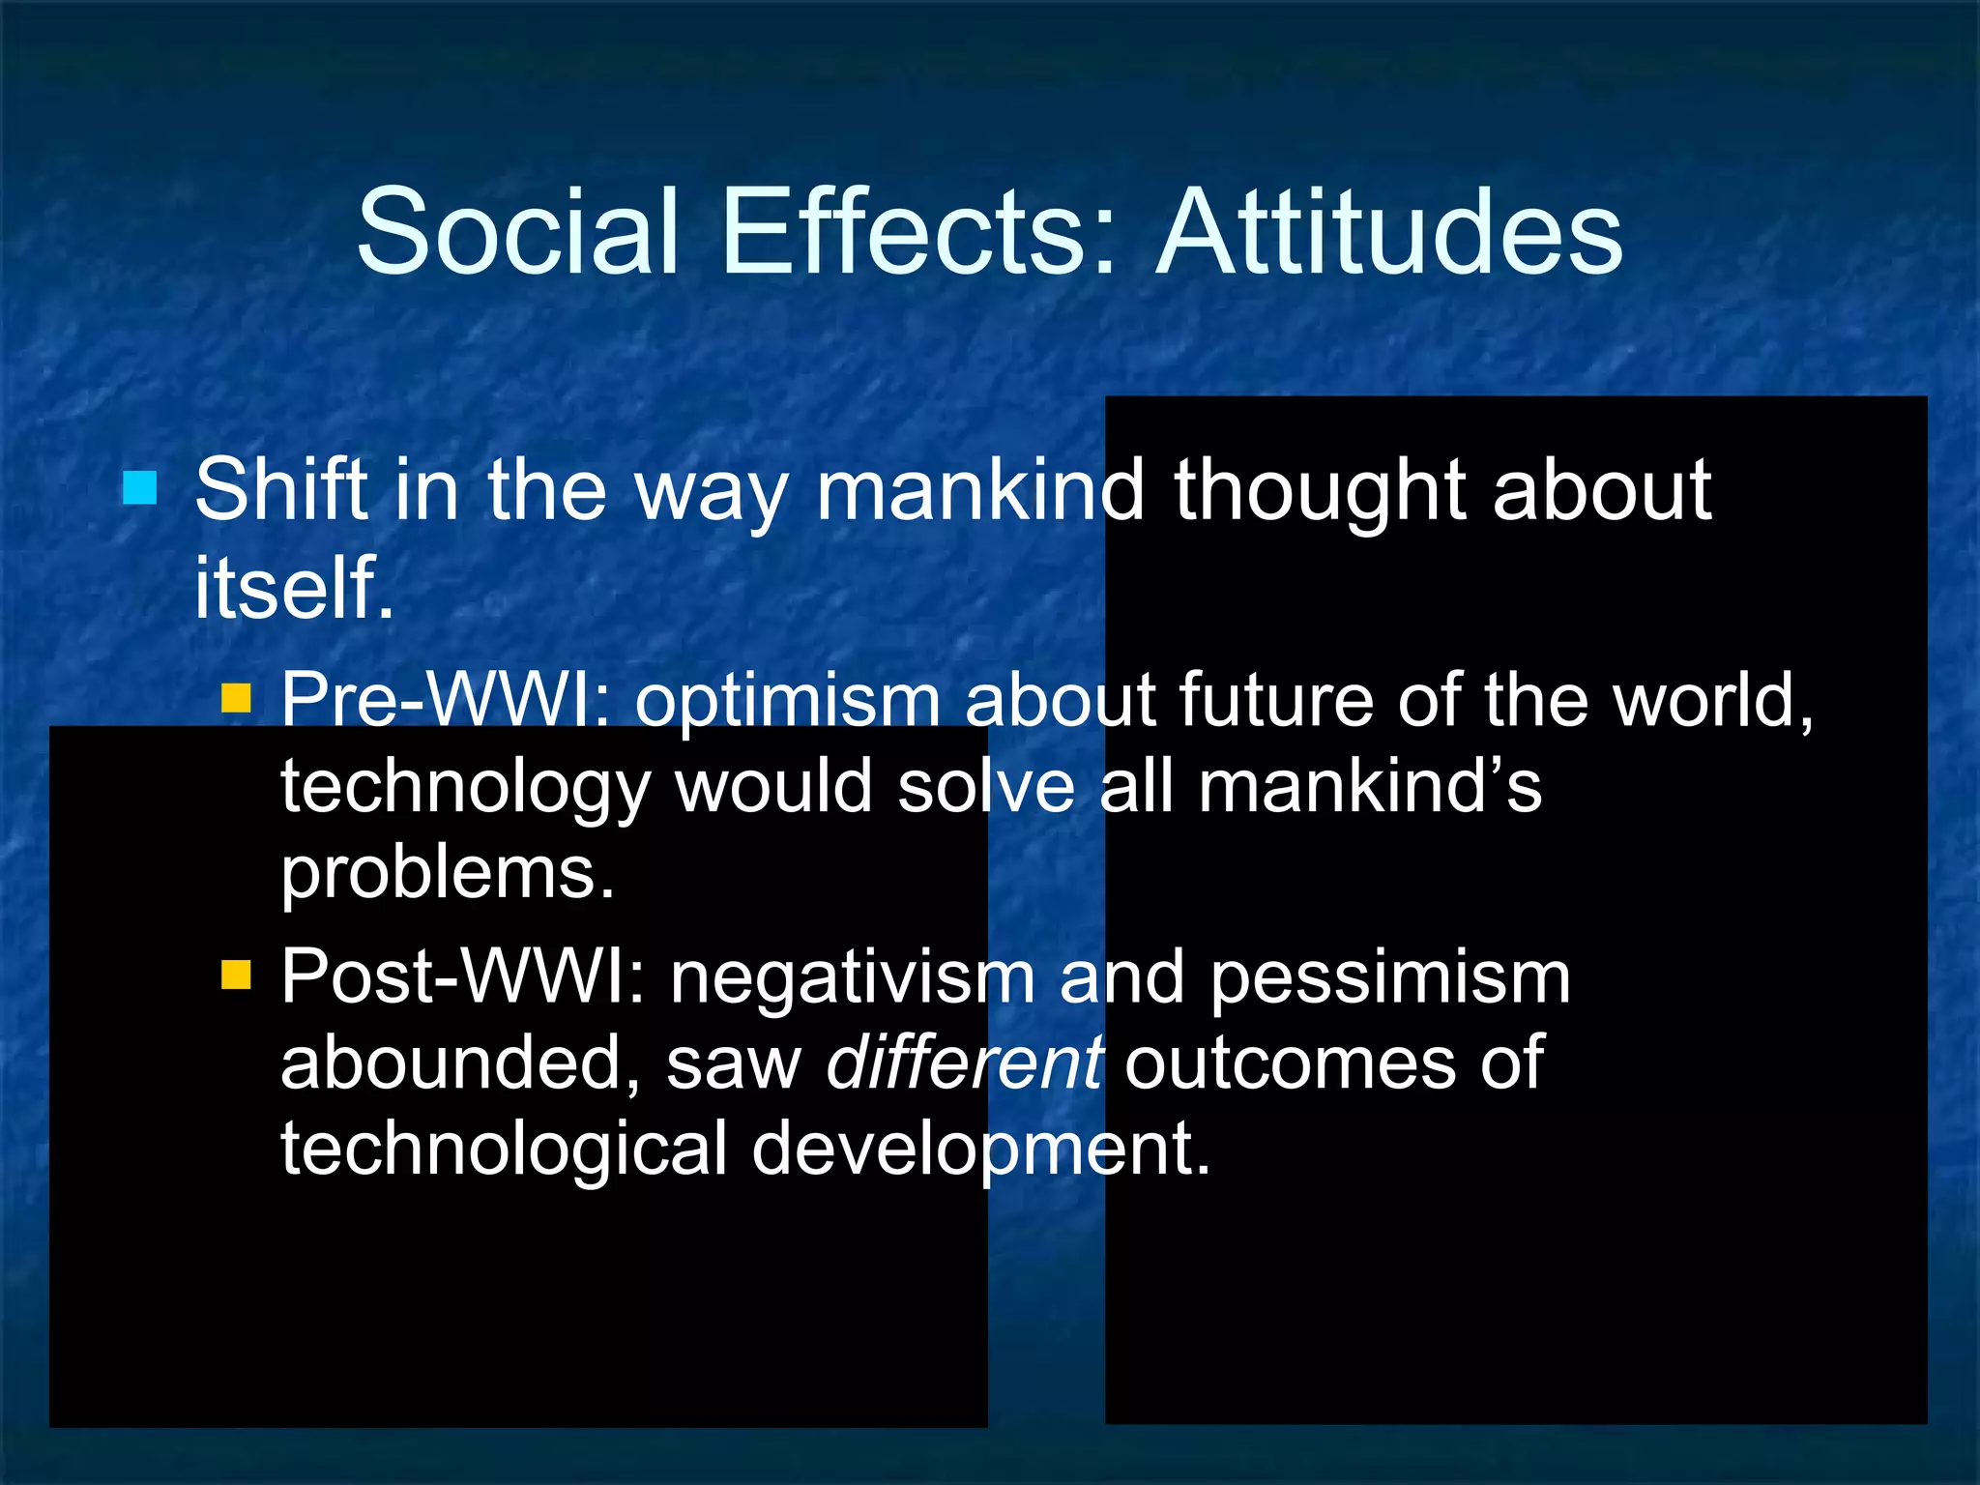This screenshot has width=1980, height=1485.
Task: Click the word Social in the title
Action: click(517, 232)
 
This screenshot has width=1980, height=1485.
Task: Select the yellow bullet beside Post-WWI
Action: click(236, 975)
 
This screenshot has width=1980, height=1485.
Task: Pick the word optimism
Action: click(787, 701)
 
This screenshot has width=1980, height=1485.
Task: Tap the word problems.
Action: click(447, 873)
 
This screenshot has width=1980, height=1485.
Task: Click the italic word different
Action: click(964, 1063)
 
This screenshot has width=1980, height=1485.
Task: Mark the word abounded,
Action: click(460, 1063)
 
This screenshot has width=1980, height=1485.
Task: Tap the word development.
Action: click(980, 1150)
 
